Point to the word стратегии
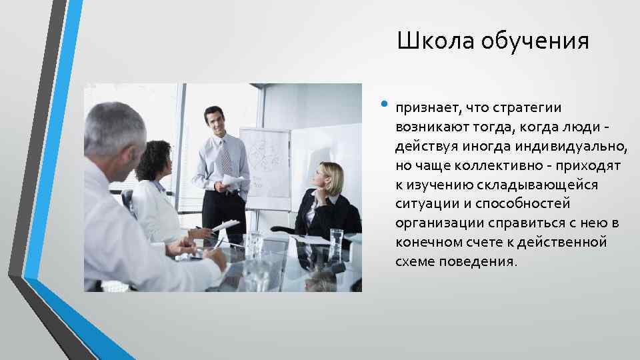coord(523,108)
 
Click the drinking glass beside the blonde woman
coord(337,243)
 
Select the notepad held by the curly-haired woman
coord(225,225)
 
